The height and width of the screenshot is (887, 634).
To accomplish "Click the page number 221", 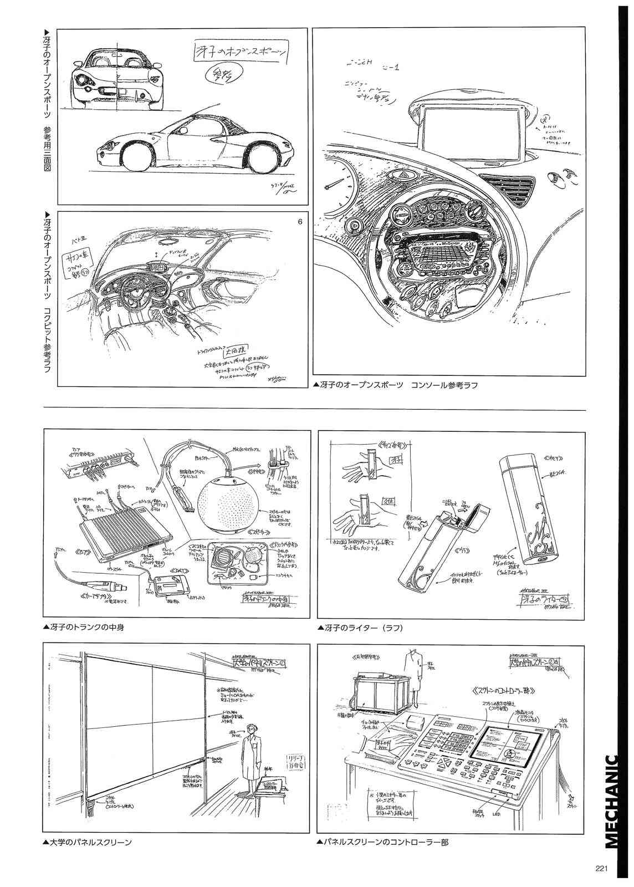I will click(602, 869).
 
